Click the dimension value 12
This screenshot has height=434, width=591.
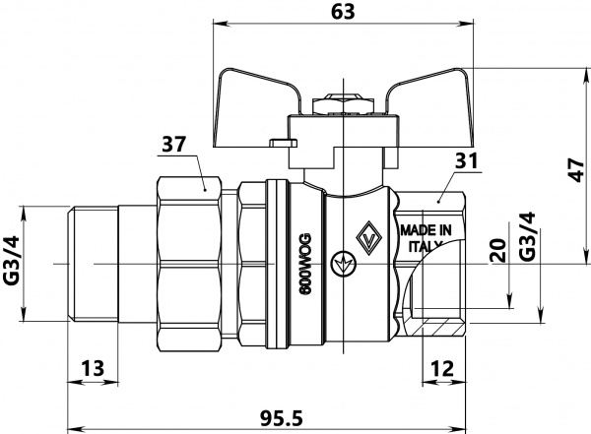pos(441,368)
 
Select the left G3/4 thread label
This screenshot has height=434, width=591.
pos(13,264)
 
